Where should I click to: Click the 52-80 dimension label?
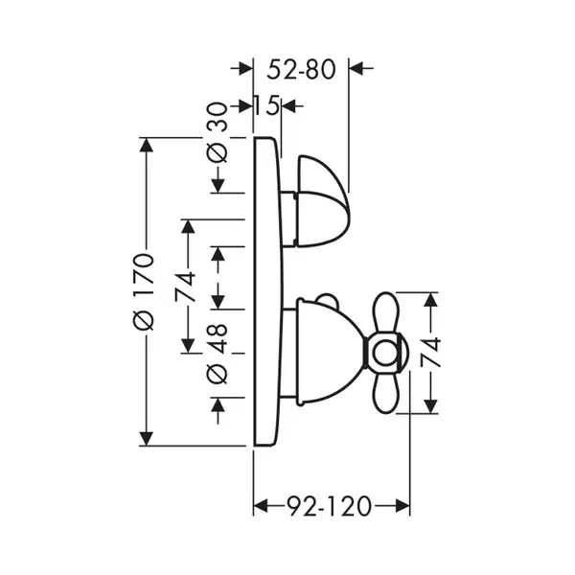click(301, 70)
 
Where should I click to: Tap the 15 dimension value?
click(267, 106)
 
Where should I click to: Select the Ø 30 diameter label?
click(218, 132)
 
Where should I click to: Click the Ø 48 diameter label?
click(218, 353)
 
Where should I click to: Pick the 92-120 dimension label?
click(329, 506)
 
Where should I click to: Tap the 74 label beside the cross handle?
click(430, 353)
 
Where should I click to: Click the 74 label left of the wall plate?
click(186, 287)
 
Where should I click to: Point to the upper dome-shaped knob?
click(323, 201)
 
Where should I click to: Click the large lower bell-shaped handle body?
click(330, 353)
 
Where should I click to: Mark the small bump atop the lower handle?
click(327, 299)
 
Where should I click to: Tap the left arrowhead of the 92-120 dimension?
click(261, 506)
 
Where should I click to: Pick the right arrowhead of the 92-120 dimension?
click(402, 506)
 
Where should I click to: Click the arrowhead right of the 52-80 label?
click(356, 68)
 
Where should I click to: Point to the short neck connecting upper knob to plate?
click(288, 218)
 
